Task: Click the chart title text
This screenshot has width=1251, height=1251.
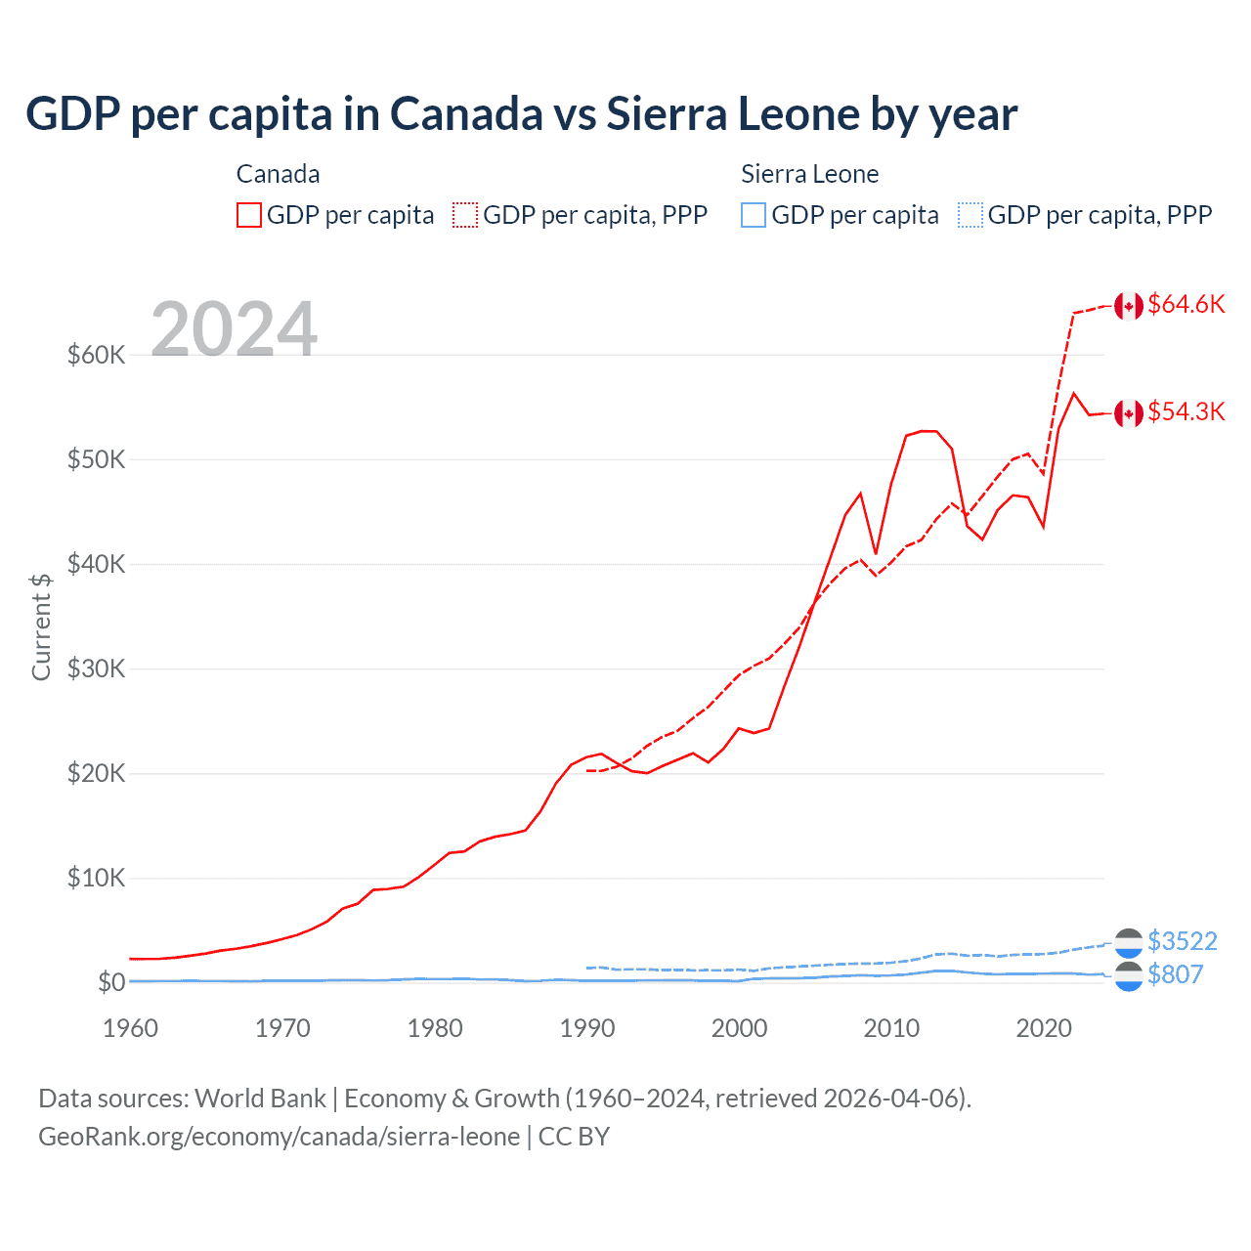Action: (521, 114)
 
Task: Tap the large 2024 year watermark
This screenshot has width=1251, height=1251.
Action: (234, 328)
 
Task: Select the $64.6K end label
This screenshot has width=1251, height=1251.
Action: (1186, 305)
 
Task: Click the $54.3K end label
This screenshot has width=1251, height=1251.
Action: (1186, 412)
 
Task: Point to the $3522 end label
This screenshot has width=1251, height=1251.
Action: (1182, 941)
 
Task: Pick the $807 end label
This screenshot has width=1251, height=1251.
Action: (1175, 974)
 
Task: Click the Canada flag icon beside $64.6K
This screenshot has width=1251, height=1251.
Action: (1129, 306)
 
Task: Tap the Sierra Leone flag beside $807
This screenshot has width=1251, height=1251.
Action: (1129, 976)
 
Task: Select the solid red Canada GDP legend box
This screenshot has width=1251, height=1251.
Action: (249, 215)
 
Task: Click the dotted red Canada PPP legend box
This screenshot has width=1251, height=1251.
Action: (465, 215)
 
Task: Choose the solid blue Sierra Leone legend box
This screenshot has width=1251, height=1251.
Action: (754, 215)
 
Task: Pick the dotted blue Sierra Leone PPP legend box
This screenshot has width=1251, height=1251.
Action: (970, 215)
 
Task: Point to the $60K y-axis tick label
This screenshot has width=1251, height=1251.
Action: (96, 355)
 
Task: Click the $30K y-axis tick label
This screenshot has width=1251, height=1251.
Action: (96, 669)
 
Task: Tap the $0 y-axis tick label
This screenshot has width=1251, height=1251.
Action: (111, 982)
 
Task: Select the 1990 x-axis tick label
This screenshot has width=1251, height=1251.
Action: (587, 1028)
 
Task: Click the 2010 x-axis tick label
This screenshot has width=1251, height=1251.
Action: (891, 1028)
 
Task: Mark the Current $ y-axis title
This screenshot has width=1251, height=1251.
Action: (41, 626)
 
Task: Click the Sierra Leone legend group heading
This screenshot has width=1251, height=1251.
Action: (809, 174)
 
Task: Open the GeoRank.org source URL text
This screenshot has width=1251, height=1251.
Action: (279, 1137)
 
